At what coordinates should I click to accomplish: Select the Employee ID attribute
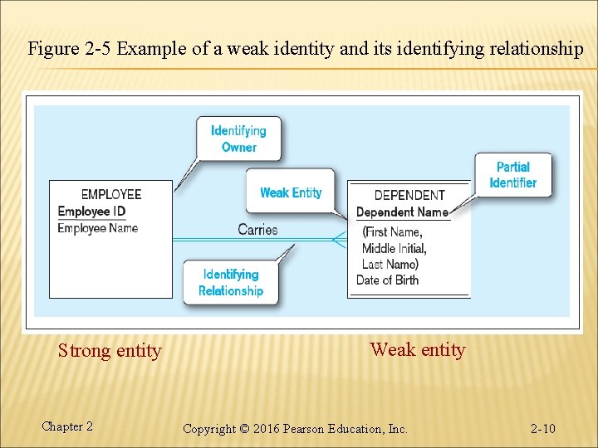(91, 212)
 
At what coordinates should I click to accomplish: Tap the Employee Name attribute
(97, 228)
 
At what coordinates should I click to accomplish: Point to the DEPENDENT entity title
(409, 195)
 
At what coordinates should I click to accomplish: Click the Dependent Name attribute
(402, 212)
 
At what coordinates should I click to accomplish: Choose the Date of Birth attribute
(387, 280)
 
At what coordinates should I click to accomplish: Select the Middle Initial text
(394, 248)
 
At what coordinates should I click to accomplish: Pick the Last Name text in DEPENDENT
(390, 264)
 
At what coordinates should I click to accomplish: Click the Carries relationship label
(257, 230)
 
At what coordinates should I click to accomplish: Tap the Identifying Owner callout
(238, 139)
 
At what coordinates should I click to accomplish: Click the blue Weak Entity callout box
(291, 192)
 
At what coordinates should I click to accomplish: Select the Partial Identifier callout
(513, 175)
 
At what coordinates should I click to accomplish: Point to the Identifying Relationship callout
(231, 282)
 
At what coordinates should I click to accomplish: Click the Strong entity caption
(110, 351)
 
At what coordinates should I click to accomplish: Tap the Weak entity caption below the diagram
(418, 349)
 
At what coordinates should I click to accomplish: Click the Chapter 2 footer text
(67, 426)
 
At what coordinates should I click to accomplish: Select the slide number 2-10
(543, 429)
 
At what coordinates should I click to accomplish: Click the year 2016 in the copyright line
(265, 429)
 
